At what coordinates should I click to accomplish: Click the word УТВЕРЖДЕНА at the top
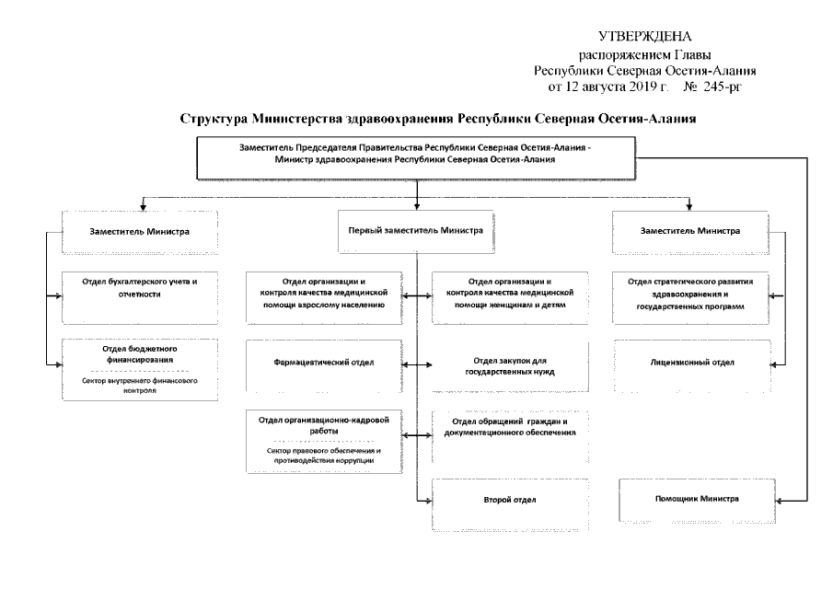(x=643, y=37)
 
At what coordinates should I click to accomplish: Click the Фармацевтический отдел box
(x=324, y=363)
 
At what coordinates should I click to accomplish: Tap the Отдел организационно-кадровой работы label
(x=324, y=425)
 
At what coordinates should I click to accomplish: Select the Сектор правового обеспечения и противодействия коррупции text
(x=324, y=455)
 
